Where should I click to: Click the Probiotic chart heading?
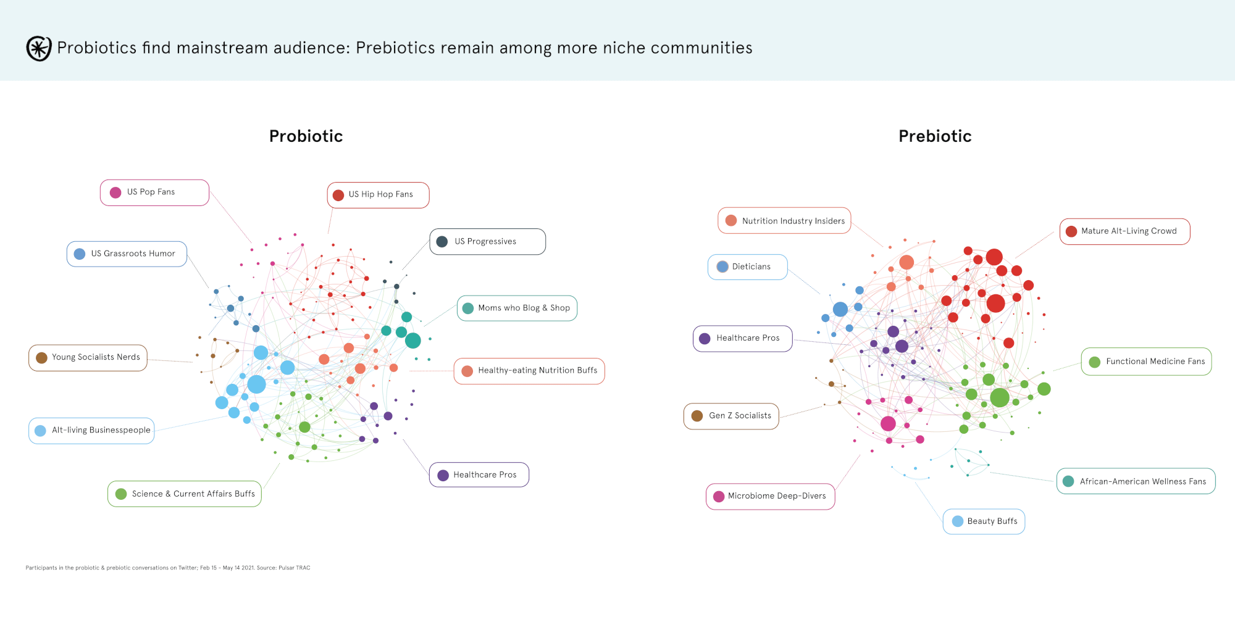coord(306,136)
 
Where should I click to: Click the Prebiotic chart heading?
coord(935,136)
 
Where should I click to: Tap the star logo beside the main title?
coord(38,48)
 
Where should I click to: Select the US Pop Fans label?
coord(154,193)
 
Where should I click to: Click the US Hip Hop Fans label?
coord(378,195)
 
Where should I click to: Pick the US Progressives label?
coord(487,241)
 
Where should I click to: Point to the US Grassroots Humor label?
coord(127,254)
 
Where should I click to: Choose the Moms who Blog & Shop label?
coord(517,308)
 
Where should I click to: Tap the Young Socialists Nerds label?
coord(88,358)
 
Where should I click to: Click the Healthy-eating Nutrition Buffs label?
coord(529,371)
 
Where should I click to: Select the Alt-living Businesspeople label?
coord(91,431)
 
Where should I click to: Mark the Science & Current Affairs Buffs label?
coord(185,494)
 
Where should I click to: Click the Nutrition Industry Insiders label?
coord(784,220)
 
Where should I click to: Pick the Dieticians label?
coord(747,267)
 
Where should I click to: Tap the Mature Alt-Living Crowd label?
coord(1124,231)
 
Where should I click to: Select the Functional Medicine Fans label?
coord(1146,362)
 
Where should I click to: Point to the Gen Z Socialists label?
coord(731,416)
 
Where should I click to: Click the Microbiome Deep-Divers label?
coord(770,496)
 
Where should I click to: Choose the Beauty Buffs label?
coord(984,521)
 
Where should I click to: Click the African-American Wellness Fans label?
coord(1136,481)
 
